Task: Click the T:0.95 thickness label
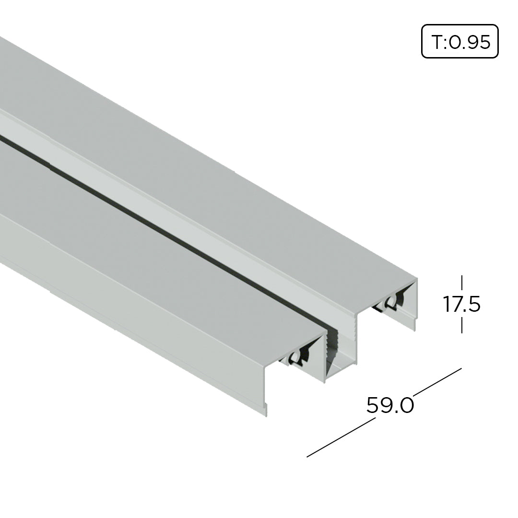[460, 42]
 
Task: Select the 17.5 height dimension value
[461, 305]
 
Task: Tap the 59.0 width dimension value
[390, 406]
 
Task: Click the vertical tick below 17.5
[462, 325]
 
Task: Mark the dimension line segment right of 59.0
[436, 382]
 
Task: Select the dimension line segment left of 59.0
[341, 437]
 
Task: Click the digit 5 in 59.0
[373, 406]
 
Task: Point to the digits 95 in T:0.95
[480, 42]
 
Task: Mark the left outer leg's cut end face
[265, 388]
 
